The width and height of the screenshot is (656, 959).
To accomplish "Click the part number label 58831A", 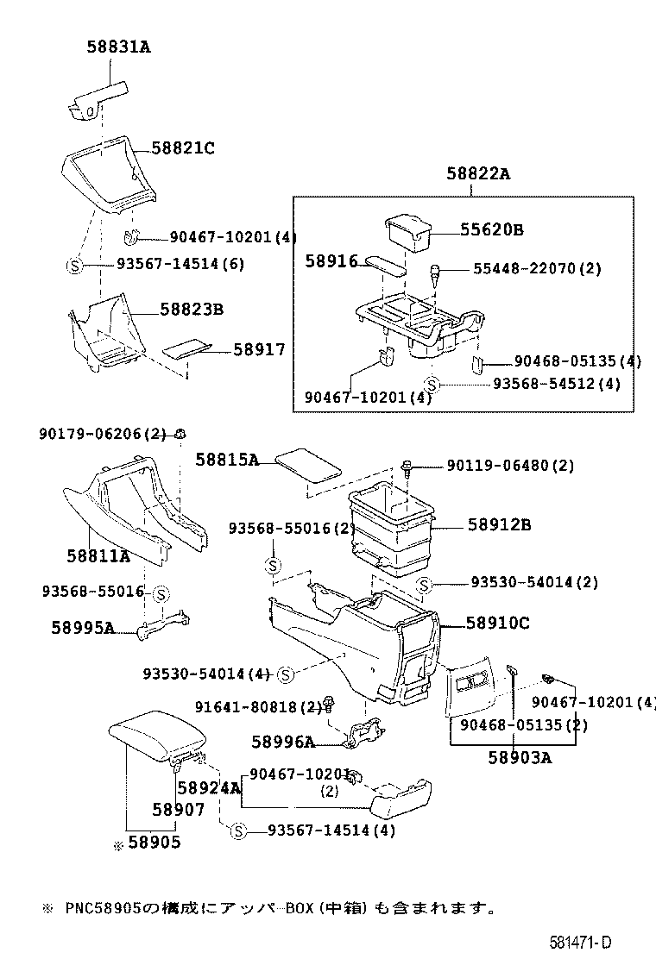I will coord(117,47).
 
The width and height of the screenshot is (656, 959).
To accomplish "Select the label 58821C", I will coord(182,147).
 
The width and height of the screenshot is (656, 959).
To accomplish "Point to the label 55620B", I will coord(491,229).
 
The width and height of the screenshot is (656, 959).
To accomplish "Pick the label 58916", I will coord(330,260).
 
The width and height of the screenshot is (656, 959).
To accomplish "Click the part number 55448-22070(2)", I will coord(536,269).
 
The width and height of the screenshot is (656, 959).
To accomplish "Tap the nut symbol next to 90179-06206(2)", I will coord(180,434).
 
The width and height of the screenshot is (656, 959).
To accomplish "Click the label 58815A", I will coord(227,460).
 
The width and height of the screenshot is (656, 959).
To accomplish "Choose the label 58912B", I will coord(499,523).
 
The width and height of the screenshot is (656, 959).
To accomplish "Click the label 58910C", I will coord(497,622).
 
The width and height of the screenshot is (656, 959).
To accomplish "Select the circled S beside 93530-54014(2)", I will coord(424,586).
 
